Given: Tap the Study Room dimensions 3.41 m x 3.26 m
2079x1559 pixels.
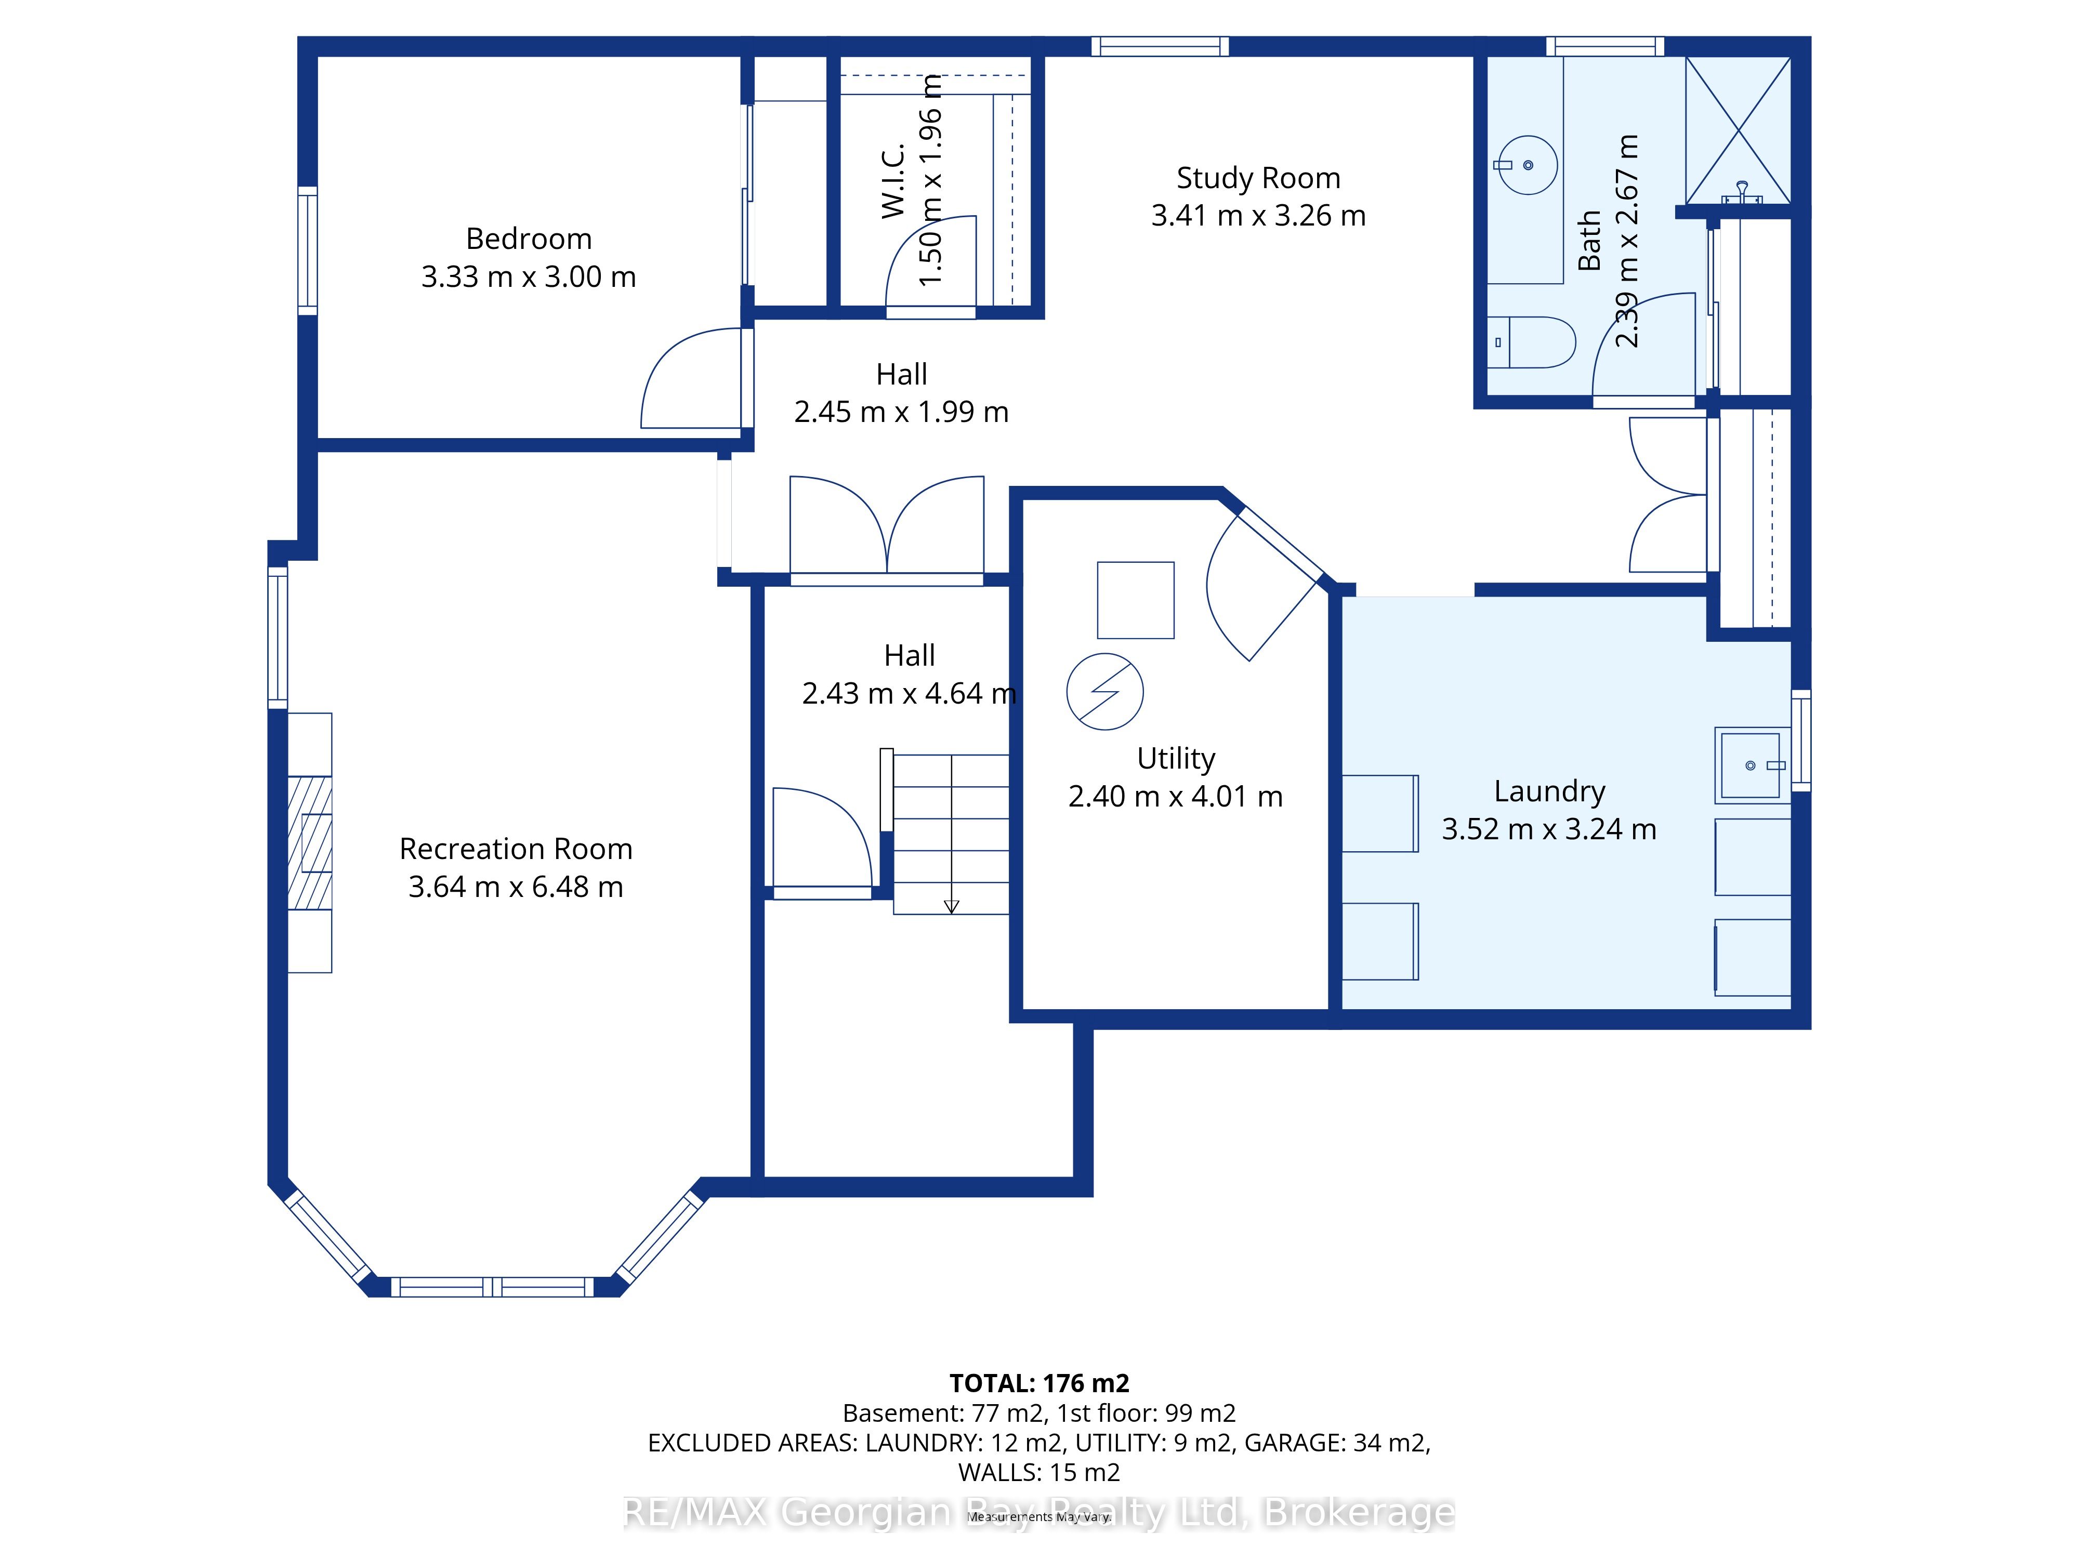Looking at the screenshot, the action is pos(1258,215).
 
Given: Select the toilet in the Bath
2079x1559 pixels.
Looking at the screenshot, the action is pos(1533,342).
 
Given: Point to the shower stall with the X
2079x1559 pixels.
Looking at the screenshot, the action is pos(1738,130).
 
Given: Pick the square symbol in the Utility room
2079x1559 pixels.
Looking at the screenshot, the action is pos(1135,601).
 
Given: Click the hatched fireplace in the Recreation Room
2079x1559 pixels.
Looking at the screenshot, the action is pos(309,843).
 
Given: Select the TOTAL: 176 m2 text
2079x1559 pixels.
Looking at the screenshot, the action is pos(1039,1383).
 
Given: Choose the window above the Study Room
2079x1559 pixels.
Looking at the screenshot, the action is pos(1160,46).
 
